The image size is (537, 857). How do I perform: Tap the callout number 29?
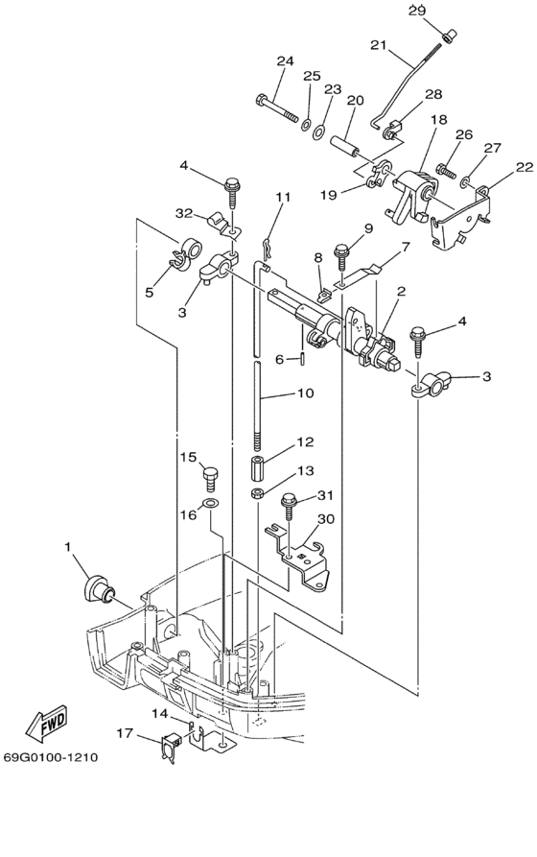pos(417,10)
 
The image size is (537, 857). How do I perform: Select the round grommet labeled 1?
pos(100,590)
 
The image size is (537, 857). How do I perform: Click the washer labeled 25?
pos(305,123)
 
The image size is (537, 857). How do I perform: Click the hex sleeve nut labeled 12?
pos(260,468)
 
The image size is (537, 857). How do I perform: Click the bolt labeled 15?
pos(210,479)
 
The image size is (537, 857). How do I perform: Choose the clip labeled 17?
pos(170,746)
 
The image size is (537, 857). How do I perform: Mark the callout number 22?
pos(525,167)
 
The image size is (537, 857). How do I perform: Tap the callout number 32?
pos(184,214)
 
